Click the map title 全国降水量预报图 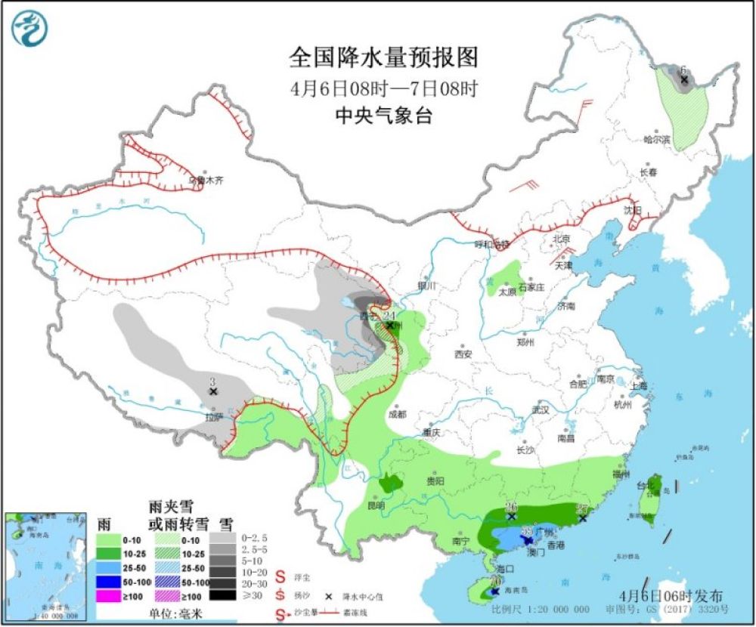click(384, 57)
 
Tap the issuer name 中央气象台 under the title click(384, 116)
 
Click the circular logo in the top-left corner click(29, 29)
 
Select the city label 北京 click(562, 238)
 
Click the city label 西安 click(463, 354)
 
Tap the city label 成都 click(395, 415)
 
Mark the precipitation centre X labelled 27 click(583, 518)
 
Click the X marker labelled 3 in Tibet click(213, 392)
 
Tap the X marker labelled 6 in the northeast click(684, 79)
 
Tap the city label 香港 click(556, 545)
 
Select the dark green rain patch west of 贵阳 click(391, 482)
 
